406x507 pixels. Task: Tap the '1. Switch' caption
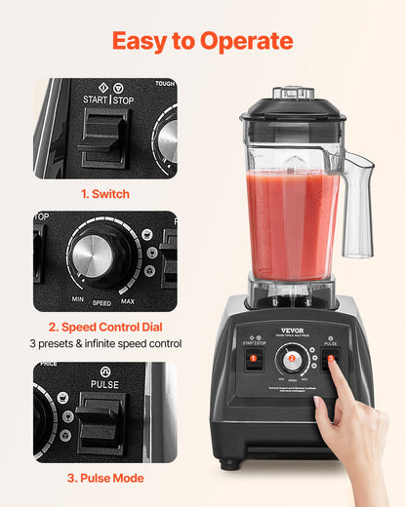(104, 194)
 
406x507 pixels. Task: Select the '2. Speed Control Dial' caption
(104, 327)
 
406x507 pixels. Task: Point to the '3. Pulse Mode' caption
(104, 478)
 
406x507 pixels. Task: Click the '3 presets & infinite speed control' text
(104, 343)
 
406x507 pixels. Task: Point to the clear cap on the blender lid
(293, 94)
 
